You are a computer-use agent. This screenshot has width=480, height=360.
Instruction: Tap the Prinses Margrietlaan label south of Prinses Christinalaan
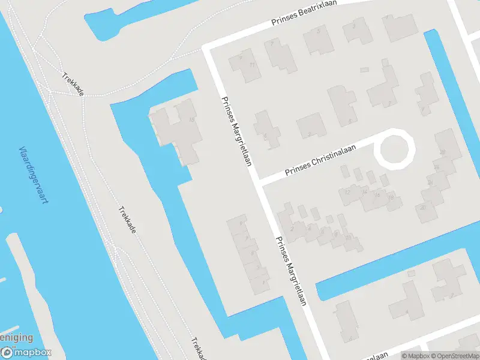(x=291, y=270)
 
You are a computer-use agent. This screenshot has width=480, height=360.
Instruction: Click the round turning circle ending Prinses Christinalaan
(x=395, y=147)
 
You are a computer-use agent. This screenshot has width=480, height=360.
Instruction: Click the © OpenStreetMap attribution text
(x=454, y=356)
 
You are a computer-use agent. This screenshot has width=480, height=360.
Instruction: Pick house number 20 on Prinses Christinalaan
(x=423, y=208)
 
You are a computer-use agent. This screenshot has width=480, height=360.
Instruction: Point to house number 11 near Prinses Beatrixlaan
(x=253, y=65)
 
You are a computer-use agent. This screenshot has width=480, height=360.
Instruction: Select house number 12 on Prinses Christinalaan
(x=347, y=192)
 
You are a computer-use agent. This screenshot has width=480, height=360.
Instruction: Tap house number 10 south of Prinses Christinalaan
(x=349, y=237)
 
